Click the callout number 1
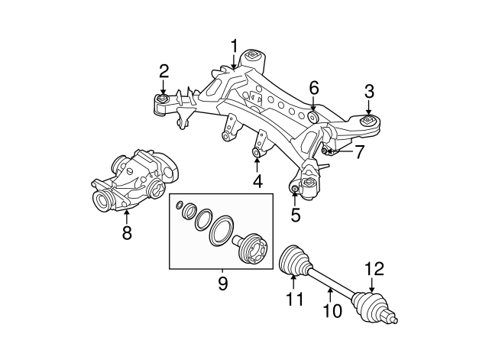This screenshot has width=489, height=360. coord(234,46)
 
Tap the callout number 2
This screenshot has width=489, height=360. coord(164,71)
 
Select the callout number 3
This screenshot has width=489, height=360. coord(369,92)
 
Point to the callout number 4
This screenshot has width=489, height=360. coord(257,181)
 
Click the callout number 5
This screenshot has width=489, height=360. coord(296,215)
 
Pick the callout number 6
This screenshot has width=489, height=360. coord(314,88)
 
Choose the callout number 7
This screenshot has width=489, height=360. coord(359,152)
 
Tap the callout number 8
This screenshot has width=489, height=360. coord(127,232)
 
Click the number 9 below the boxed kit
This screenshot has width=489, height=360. coord(222,284)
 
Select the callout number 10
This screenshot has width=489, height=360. coord(332,311)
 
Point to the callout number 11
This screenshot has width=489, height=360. coord(294,299)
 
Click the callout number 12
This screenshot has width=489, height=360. coord(374,269)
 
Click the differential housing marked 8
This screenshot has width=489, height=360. coord(135,180)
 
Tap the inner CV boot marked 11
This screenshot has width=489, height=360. coord(294,261)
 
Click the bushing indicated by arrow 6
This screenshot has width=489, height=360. coord(313,116)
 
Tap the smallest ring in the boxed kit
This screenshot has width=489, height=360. coord(180,205)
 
